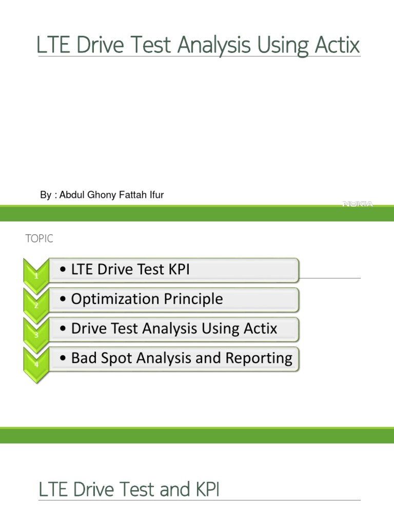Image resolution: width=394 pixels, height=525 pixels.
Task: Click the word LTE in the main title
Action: coord(51,46)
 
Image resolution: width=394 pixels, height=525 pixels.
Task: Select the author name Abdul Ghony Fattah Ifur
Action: coord(112,195)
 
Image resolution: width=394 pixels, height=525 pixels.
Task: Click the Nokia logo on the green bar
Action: coord(358,204)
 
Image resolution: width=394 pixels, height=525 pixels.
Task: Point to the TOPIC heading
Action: coord(39,239)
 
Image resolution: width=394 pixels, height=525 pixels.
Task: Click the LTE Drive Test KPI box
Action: coord(173,270)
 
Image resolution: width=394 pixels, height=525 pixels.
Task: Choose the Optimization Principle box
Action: coord(173,299)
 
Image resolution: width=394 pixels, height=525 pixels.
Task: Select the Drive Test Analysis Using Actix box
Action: coord(173,329)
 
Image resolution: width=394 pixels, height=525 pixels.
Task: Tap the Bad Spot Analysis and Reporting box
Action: coord(173,359)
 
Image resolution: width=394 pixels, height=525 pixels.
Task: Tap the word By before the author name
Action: coord(46,195)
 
